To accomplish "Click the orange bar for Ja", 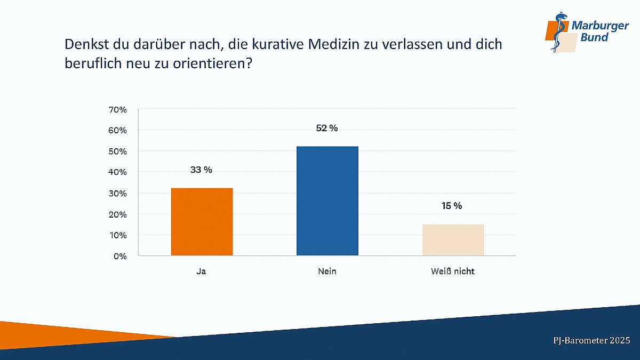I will tap(202, 222).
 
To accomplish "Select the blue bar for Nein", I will tap(327, 201).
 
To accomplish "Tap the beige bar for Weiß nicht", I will tap(453, 240).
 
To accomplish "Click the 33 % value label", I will tap(201, 170).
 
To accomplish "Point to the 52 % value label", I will tap(326, 128).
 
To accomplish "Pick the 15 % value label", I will tap(452, 206).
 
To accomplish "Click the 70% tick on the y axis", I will tap(118, 110).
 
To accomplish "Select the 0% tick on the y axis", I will tap(120, 256).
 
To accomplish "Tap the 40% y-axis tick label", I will tap(118, 172).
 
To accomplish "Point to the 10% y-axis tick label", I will tap(118, 235).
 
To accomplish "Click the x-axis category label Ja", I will tap(201, 271).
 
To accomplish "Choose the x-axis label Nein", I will tap(327, 271).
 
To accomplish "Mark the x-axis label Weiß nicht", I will tap(452, 271).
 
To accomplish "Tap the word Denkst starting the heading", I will tap(85, 44).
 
